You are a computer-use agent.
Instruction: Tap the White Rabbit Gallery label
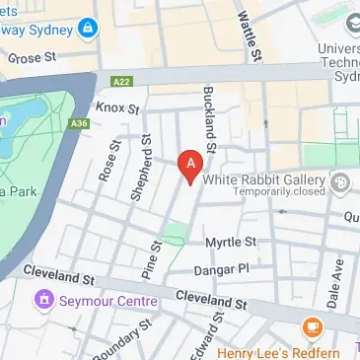pos(263,180)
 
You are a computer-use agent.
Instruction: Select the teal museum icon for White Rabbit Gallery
pos(341,181)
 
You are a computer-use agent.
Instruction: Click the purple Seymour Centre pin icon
pos(42,299)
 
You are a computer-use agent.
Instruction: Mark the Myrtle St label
pos(230,242)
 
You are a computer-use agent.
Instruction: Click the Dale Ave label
pos(337,279)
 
